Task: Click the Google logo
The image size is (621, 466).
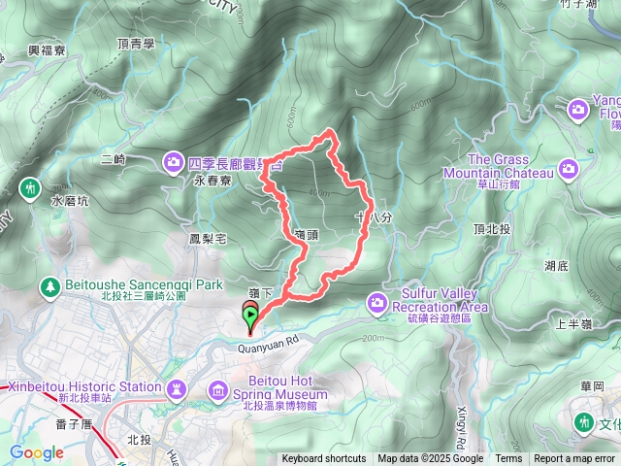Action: [x=37, y=452]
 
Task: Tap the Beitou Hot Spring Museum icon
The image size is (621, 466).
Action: [x=218, y=391]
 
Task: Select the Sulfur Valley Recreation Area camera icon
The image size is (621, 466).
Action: [x=376, y=305]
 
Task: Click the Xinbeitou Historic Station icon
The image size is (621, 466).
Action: [x=176, y=390]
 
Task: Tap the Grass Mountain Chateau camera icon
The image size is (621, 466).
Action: [x=568, y=172]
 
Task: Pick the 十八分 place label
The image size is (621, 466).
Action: [x=373, y=217]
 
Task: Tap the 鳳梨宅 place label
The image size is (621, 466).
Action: [x=208, y=237]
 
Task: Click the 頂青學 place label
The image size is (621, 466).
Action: [x=135, y=44]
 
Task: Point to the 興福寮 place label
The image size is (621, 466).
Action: [x=46, y=50]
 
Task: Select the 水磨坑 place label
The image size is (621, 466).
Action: [x=69, y=202]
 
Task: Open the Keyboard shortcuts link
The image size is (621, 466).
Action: [x=324, y=459]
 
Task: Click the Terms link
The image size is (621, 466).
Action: [x=508, y=459]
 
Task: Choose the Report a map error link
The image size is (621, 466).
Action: [x=575, y=459]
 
